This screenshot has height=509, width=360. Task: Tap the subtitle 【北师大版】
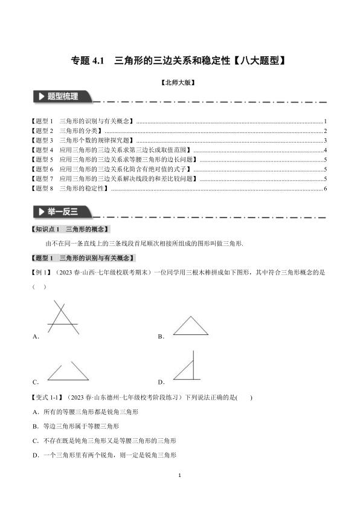click(179, 83)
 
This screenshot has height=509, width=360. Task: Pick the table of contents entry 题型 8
click(69, 189)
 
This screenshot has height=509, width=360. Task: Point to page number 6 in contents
click(325, 189)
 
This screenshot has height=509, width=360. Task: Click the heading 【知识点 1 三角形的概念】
click(71, 229)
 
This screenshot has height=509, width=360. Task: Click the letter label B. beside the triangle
click(161, 336)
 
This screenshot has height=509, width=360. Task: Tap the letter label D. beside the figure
click(161, 382)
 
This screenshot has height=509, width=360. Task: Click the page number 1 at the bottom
click(180, 476)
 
